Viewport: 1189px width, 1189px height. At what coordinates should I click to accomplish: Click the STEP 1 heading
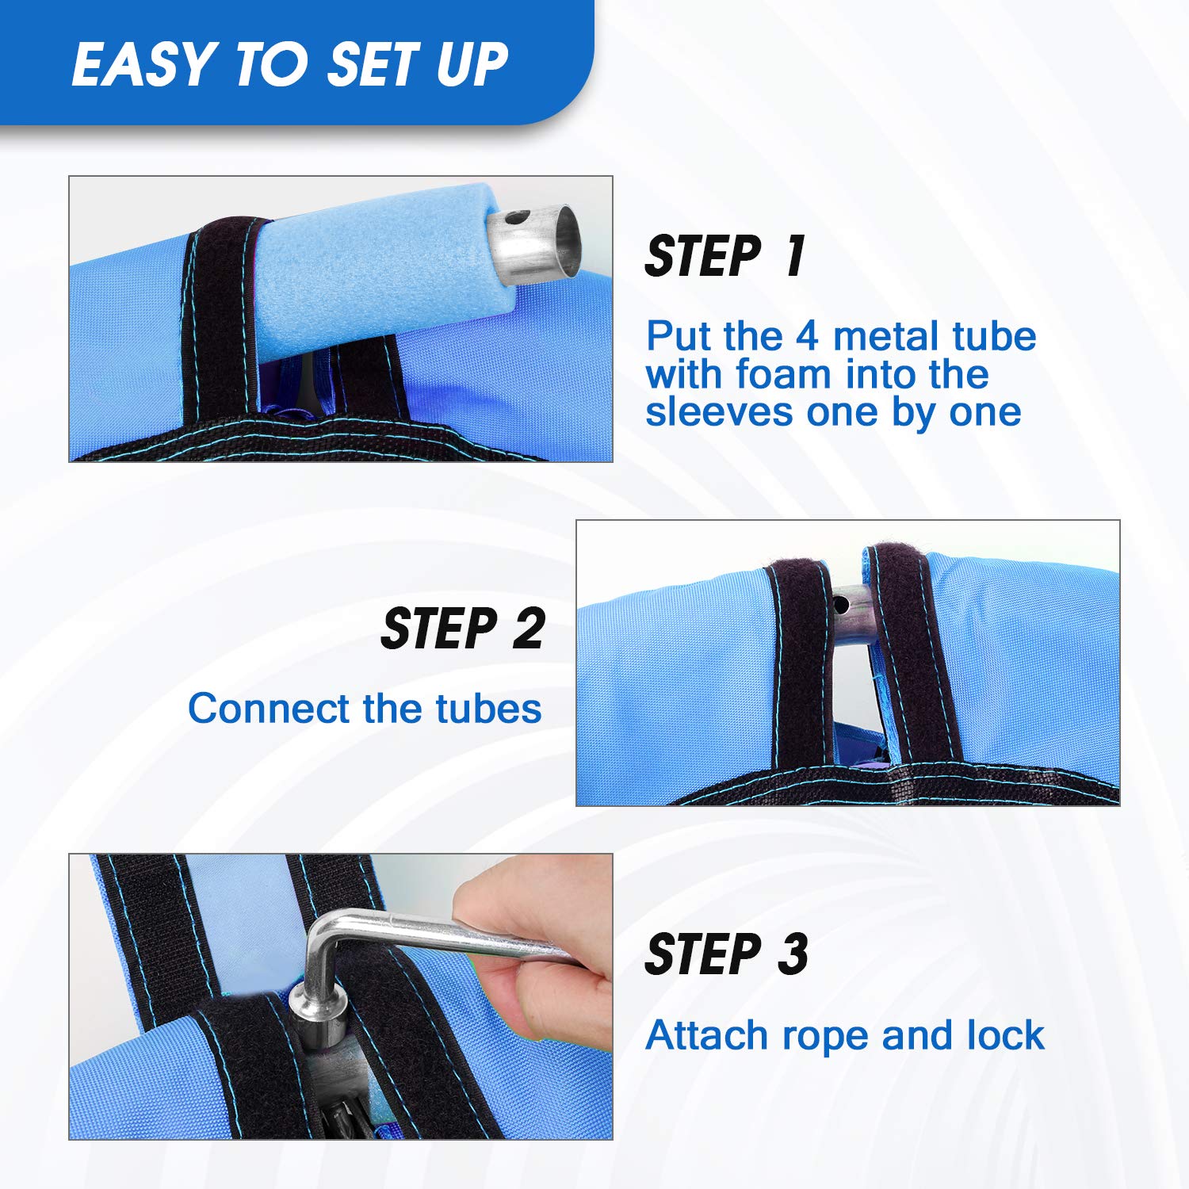click(x=725, y=256)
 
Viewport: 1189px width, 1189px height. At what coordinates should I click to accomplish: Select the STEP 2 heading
click(x=464, y=629)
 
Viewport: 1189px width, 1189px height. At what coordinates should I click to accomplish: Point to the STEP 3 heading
click(x=727, y=954)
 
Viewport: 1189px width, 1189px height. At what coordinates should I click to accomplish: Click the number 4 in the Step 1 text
click(x=807, y=336)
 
